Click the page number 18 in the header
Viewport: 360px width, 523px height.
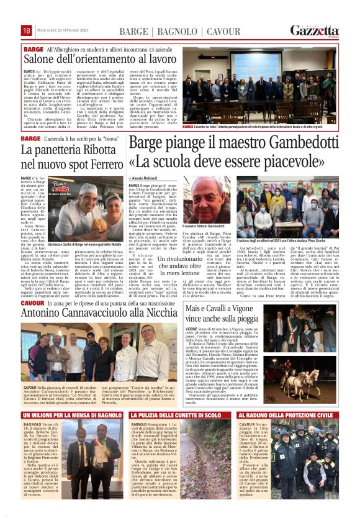click(27, 30)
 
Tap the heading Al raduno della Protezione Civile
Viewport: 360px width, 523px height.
click(304, 414)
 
